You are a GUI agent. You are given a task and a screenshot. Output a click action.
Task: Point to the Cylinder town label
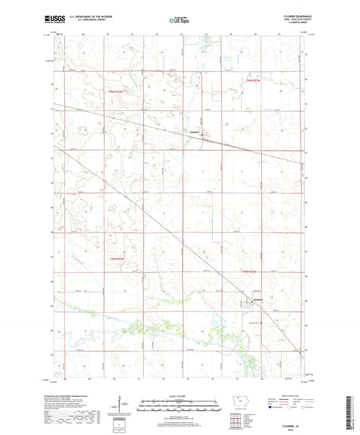point(195,131)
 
